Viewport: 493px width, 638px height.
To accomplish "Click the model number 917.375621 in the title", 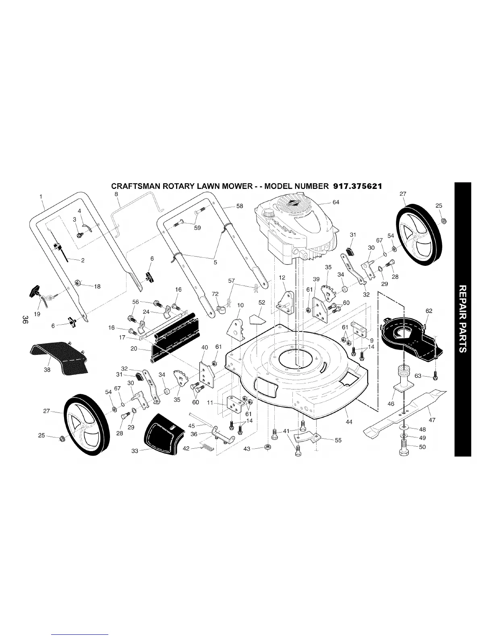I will coord(357,186).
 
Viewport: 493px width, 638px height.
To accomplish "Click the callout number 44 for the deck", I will coord(349,422).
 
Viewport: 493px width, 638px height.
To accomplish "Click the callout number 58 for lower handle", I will coord(239,206).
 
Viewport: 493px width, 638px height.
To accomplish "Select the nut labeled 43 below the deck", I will coord(267,447).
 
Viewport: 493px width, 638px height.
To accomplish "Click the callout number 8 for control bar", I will coord(116,194).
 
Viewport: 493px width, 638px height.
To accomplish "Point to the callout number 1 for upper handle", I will coord(41,197).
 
